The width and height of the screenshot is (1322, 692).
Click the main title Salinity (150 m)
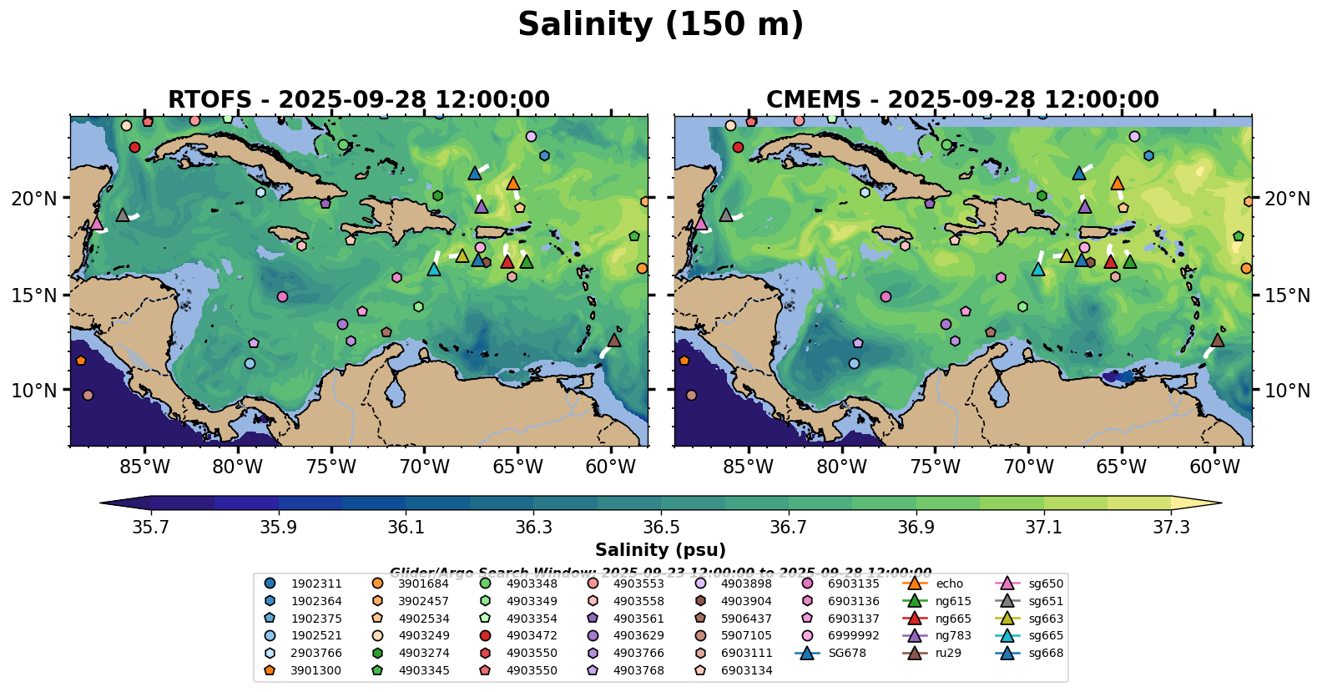pos(660,25)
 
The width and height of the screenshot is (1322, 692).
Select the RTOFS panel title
pos(359,100)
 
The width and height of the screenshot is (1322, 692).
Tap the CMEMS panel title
pos(962,100)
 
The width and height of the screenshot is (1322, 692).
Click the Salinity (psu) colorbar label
pos(660,550)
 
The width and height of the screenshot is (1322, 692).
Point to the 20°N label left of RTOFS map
pos(34,199)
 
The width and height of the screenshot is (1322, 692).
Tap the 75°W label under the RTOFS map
pos(331,467)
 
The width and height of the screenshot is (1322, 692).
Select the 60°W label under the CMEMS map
pos(1214,467)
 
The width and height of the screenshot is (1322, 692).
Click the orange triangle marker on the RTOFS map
pos(513,184)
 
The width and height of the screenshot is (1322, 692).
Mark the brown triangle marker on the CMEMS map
pos(1218,340)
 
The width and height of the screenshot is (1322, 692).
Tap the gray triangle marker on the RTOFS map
pos(123,215)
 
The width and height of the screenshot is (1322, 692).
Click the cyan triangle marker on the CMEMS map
pos(1037,269)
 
